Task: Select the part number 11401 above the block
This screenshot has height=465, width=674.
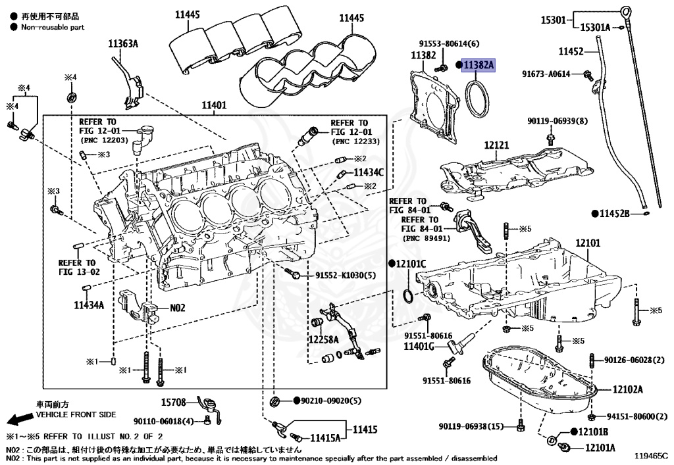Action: point(213,105)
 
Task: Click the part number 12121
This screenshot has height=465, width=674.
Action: point(497,144)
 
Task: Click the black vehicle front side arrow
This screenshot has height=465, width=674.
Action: point(18,419)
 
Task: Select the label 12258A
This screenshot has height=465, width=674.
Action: point(323,339)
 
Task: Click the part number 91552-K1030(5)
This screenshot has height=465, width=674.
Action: point(345,275)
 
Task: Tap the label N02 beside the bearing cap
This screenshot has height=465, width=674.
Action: point(178,307)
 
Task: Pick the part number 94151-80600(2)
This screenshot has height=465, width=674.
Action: point(632,416)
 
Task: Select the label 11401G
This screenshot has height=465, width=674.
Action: point(419,347)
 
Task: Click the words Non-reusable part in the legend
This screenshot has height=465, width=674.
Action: point(53,27)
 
